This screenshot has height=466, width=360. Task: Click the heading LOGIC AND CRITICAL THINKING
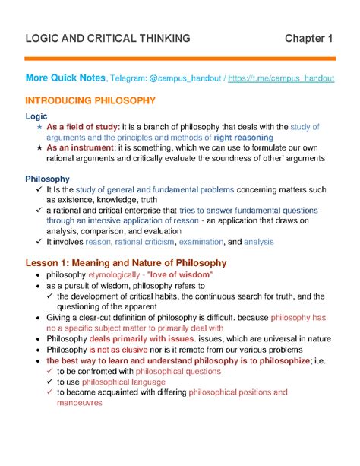(108, 38)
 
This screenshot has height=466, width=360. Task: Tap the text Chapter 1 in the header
(309, 38)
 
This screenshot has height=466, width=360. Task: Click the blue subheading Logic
(36, 115)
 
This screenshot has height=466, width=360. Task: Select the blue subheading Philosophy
(48, 179)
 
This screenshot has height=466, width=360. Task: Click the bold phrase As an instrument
(83, 147)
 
